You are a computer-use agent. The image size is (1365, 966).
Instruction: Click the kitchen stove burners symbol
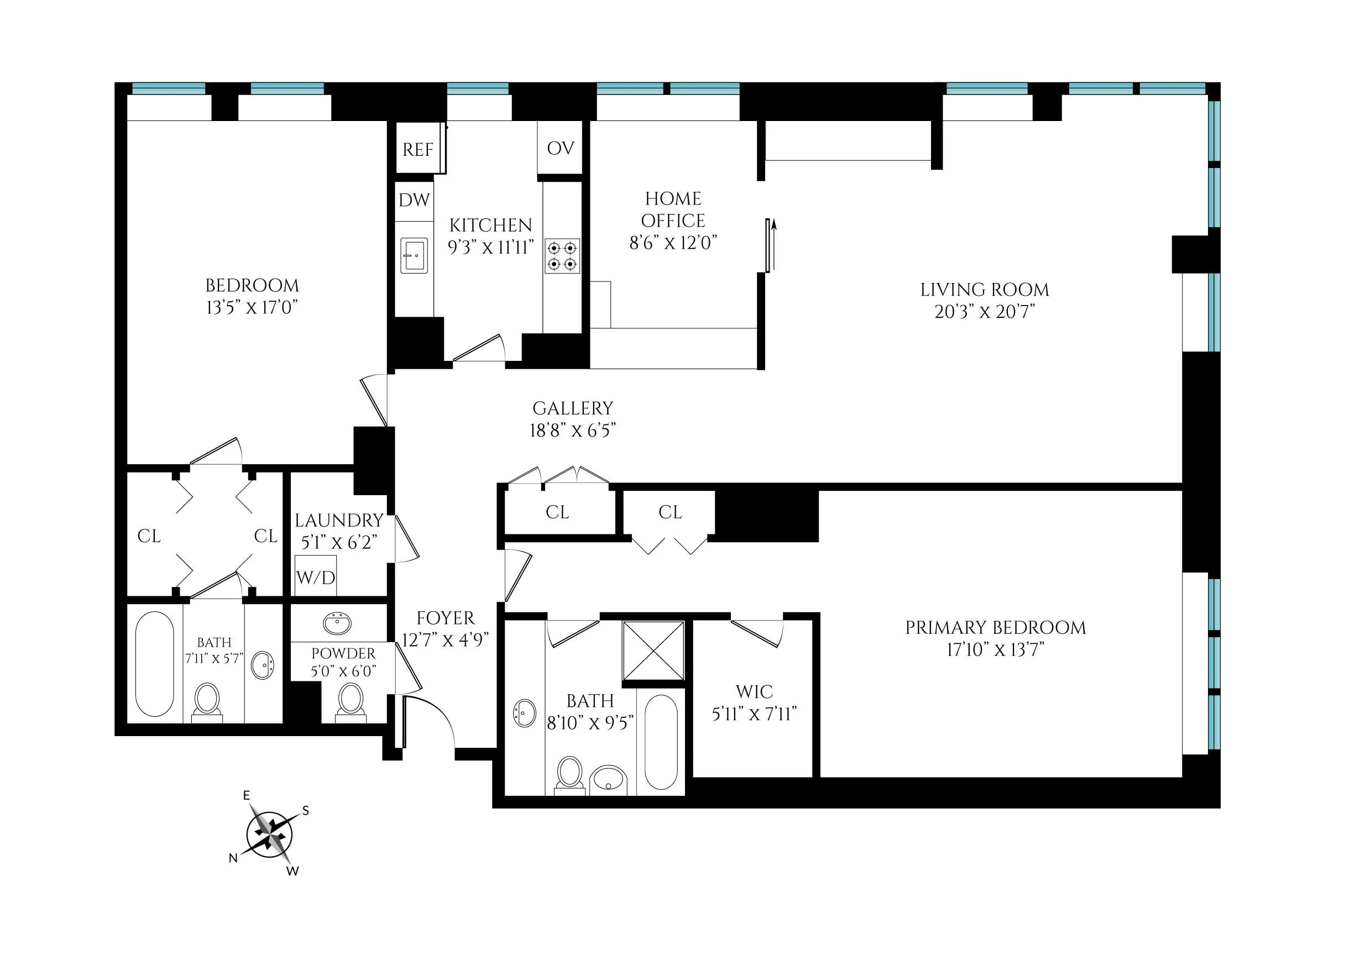point(562,256)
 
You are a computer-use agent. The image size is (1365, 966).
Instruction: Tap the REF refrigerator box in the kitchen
point(418,149)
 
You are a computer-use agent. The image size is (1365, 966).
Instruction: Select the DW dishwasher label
point(414,200)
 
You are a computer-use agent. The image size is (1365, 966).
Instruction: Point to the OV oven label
point(560,148)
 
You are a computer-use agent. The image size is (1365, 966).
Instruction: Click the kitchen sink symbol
point(414,255)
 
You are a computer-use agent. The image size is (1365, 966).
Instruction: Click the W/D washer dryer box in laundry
point(315,576)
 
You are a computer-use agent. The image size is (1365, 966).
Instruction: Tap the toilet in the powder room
point(351,700)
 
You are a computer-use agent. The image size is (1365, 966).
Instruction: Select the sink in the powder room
point(337,623)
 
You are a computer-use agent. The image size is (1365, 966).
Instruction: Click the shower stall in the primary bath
point(653,650)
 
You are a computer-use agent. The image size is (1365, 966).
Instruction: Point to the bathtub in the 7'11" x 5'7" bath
point(155,663)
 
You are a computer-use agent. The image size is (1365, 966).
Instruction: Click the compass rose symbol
point(270,834)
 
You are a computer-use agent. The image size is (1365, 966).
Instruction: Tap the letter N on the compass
point(233,858)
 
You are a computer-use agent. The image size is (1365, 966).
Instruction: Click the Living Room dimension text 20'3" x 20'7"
point(984,312)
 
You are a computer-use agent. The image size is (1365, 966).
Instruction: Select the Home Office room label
point(673,209)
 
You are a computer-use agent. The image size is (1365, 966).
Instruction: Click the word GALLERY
point(572,408)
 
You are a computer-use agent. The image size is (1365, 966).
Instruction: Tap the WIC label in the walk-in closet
point(754,692)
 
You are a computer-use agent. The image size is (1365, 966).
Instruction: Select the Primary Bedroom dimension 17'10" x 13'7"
point(996,649)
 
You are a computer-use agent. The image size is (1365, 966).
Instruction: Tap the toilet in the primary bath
point(569,773)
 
